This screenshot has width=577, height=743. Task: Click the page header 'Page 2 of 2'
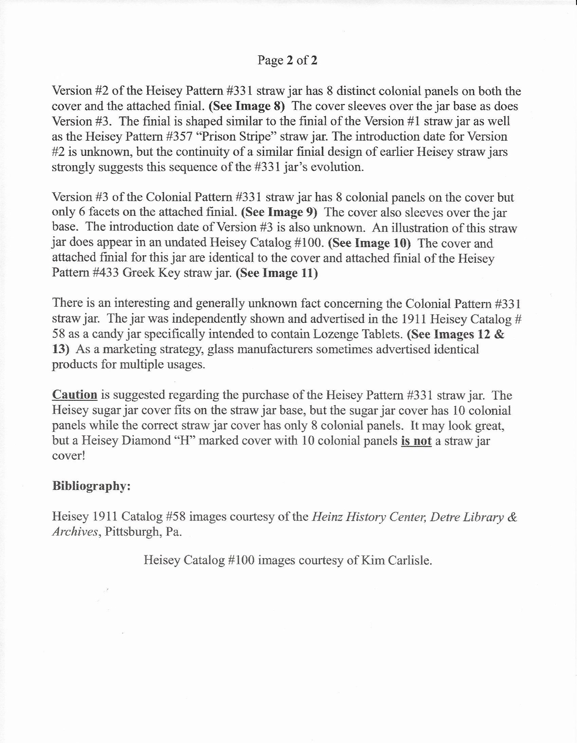[287, 60]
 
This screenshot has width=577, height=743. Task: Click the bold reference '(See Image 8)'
[247, 106]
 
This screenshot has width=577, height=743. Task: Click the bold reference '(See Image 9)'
[279, 212]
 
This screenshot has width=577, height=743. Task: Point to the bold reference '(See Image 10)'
[369, 243]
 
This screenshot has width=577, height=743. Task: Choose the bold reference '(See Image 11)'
[276, 273]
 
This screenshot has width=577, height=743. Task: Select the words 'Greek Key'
[151, 273]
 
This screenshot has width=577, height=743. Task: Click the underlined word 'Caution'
[74, 395]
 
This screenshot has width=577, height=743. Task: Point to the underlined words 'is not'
[416, 440]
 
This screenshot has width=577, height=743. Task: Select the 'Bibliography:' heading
[91, 486]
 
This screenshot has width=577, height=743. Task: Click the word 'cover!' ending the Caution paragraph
[68, 455]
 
